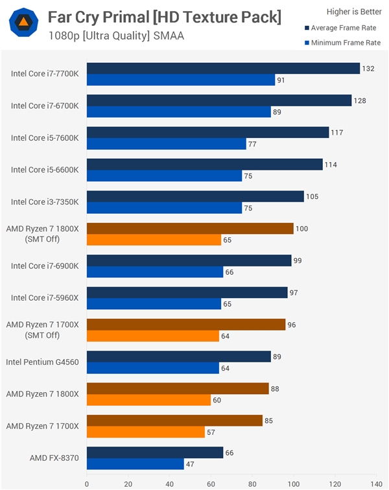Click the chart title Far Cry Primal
coord(164,17)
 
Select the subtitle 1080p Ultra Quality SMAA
coord(116,36)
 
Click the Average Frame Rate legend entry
coord(343,28)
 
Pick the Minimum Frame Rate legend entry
coord(342,43)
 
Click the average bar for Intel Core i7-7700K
coord(223,68)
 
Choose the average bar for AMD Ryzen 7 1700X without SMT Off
coord(174,420)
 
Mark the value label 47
coord(192,464)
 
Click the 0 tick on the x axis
coord(87,483)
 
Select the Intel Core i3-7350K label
coord(45,202)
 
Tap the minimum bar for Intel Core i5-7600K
coord(166,144)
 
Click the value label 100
coord(301,228)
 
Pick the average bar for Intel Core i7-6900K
coord(189,260)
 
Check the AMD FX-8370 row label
coord(54,458)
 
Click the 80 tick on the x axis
coord(252,483)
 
